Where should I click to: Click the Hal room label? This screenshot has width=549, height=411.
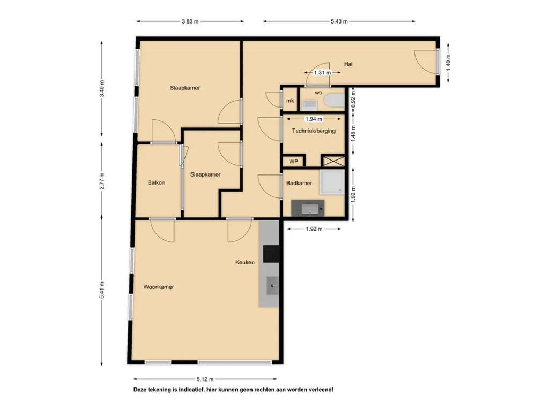coord(348,64)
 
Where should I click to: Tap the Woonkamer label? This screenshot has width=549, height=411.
coord(159,287)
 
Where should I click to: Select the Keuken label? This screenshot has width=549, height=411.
coord(244,262)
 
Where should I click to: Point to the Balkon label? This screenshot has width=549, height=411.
coord(156,182)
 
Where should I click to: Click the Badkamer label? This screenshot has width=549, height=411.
coord(299,183)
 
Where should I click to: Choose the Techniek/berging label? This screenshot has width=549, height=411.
coord(314,131)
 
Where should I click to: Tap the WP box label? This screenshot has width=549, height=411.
coord(293,162)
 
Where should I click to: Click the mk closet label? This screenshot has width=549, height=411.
coord(290,101)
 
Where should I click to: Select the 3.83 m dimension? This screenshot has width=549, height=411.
coord(190,21)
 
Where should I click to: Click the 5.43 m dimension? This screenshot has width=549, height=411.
coord(339,21)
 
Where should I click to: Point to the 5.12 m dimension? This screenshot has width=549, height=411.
coord(205,379)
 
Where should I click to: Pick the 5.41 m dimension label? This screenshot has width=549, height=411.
coord(102,290)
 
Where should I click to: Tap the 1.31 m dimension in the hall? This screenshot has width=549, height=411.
coord(322,73)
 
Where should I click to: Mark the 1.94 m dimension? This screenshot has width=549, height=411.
coord(314,119)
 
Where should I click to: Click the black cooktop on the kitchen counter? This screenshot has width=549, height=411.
coord(271,254)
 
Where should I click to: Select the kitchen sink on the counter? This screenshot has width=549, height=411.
coord(273,286)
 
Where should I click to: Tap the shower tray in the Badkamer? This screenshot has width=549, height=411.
coord(332,182)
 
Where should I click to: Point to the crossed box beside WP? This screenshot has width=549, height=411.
coord(333,161)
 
